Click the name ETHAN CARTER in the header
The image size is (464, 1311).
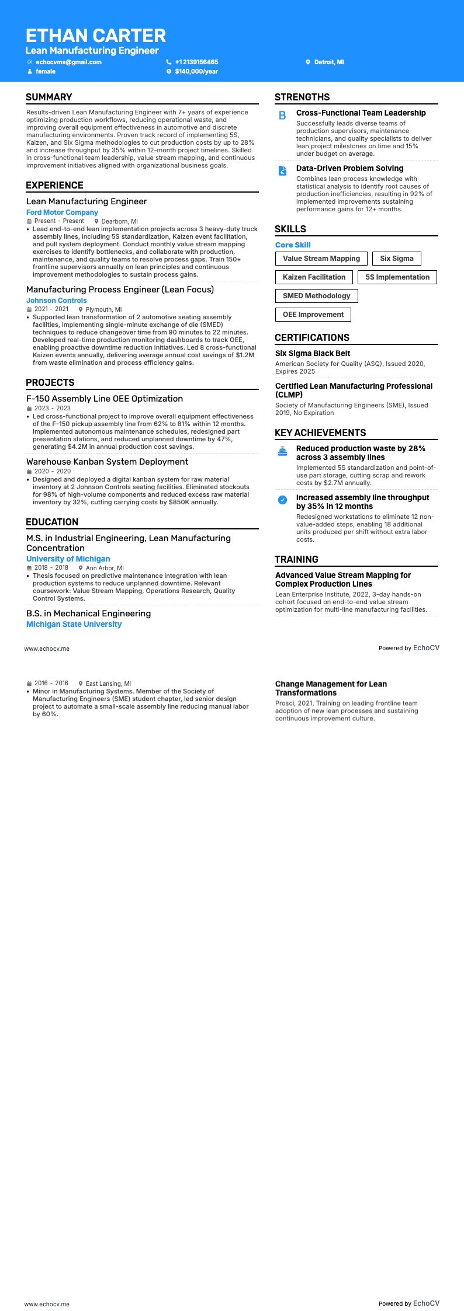point(96,36)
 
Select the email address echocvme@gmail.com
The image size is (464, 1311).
point(68,62)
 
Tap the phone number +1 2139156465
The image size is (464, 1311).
point(196,62)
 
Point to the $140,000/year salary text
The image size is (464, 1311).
point(196,71)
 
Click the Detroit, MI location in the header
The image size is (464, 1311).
point(329,62)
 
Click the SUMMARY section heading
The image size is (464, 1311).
point(49,97)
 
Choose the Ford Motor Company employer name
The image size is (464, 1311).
point(62,212)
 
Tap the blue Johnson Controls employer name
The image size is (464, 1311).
point(57,301)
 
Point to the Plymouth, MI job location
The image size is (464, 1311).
point(103,309)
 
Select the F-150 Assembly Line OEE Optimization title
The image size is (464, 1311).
point(105,399)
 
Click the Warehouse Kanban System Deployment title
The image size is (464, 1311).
point(107,462)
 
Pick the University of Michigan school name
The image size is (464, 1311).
point(68,559)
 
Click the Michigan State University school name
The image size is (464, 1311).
point(74,624)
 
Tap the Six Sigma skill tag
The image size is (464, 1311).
point(396,259)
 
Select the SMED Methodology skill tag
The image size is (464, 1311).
point(316,296)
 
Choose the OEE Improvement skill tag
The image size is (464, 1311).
point(313,315)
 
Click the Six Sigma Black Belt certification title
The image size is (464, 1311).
point(313,353)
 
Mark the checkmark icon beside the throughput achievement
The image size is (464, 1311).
point(282,500)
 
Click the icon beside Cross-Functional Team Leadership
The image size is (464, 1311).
point(282,116)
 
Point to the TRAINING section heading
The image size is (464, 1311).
point(296,559)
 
